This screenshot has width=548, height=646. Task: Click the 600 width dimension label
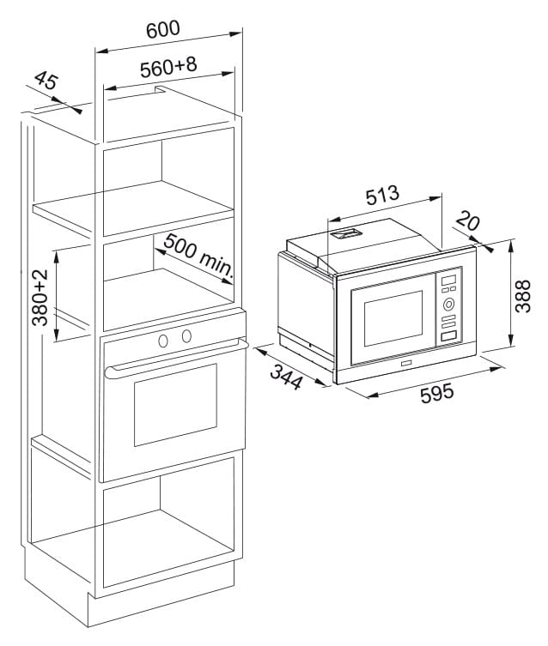pos(163,30)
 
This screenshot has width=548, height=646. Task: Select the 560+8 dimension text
pos(168,67)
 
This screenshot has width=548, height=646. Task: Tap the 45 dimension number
pos(46,81)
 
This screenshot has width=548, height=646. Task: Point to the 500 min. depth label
pos(198,256)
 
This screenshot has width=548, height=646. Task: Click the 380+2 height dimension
pos(40,298)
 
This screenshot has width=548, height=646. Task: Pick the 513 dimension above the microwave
pos(382,196)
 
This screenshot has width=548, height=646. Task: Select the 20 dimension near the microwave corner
pos(468,221)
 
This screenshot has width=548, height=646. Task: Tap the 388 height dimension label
pos(522,296)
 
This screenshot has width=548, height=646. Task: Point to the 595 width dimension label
pos(436,394)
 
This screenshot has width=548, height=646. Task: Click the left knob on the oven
pos(163,341)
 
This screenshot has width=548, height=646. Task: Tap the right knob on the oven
pos(186,335)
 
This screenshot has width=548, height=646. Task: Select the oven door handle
pos(176,358)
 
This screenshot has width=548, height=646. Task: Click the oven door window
pos(175,405)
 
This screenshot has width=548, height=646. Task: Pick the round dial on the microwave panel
pos(448,305)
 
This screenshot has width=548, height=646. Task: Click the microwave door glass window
pos(393,318)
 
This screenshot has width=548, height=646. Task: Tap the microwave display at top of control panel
pos(448,280)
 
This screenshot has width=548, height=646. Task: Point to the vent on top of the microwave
pos(345,233)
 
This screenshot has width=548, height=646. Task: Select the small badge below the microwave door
pos(405,364)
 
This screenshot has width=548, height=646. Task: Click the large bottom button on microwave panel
pos(449,335)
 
